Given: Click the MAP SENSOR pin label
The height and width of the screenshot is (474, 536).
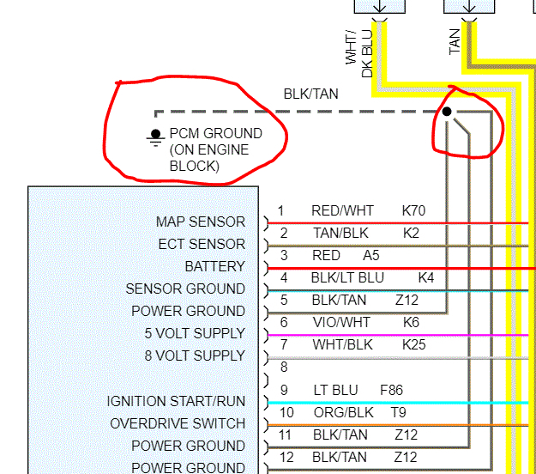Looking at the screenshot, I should click(x=200, y=222).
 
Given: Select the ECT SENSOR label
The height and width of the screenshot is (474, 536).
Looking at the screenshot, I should click(x=202, y=245).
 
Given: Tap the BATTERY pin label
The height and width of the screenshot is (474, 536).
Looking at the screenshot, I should click(x=214, y=267).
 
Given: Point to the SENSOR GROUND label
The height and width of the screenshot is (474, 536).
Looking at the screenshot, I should click(x=185, y=289).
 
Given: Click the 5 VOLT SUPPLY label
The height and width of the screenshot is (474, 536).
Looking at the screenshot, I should click(x=188, y=334).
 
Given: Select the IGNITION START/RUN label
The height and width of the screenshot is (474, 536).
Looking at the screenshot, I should click(x=176, y=402).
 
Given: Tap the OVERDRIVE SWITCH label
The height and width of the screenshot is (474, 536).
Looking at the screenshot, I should click(x=178, y=424).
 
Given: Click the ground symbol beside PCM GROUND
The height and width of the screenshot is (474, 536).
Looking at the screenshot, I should click(x=155, y=136).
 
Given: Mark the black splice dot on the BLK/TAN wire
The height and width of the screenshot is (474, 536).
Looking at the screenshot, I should click(x=447, y=112).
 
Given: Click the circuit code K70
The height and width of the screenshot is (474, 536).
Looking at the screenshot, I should click(x=413, y=211).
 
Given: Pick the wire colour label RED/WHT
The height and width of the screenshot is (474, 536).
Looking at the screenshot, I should click(x=343, y=211).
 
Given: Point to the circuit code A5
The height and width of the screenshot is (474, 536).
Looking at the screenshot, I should click(x=370, y=256).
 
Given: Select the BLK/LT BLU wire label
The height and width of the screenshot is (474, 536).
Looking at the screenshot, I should click(x=347, y=278).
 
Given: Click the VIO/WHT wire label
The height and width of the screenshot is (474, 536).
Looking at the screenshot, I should click(x=340, y=323).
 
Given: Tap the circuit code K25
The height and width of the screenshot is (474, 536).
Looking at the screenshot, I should click(x=413, y=345).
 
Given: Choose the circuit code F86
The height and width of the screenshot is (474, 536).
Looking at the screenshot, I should click(x=391, y=390).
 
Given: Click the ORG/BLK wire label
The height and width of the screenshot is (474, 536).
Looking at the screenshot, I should click(x=340, y=412).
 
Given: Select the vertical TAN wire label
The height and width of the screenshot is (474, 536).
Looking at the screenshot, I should click(x=455, y=41).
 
